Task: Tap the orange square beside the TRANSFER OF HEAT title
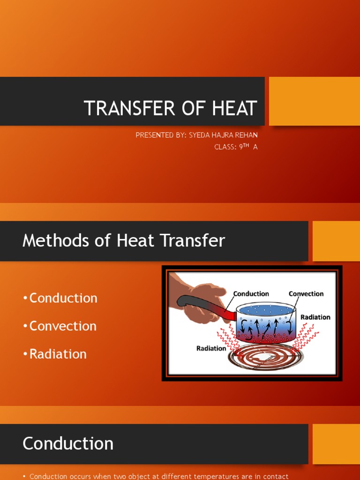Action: [x=314, y=101]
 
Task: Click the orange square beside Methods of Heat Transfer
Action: [x=336, y=241]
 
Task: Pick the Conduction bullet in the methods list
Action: [x=63, y=298]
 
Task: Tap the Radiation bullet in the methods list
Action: [x=58, y=354]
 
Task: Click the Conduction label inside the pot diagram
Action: [x=251, y=294]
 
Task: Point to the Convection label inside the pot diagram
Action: [x=306, y=294]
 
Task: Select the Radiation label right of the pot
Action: [x=315, y=317]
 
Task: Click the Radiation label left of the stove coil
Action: [x=211, y=348]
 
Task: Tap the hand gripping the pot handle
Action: [x=199, y=300]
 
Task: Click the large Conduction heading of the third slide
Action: [x=68, y=443]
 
